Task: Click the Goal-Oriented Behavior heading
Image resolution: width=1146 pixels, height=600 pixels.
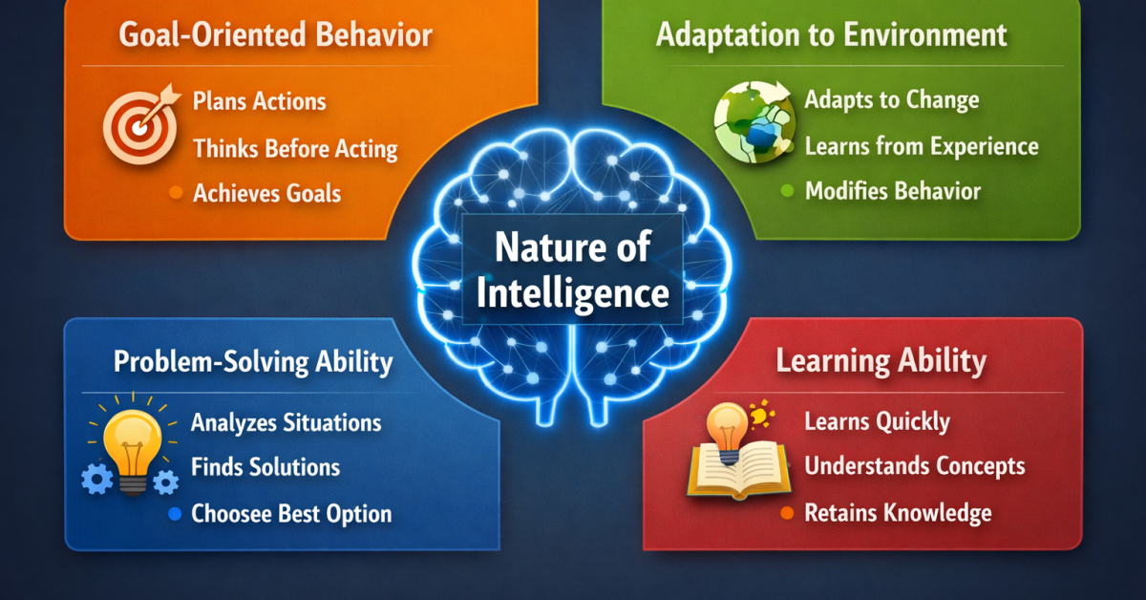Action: pos(275,37)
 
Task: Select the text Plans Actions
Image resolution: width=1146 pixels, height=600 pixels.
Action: pos(259,100)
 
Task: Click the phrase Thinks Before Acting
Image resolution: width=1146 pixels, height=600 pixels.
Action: pos(295,148)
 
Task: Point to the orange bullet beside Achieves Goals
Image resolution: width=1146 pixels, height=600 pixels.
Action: pos(175,194)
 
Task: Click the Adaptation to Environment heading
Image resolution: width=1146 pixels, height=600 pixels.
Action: pos(831,35)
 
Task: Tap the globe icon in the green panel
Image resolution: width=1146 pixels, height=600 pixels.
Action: pos(751,121)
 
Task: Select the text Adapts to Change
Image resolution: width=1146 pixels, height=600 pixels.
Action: pos(891,99)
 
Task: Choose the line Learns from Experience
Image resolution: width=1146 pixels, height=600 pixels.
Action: pos(921,146)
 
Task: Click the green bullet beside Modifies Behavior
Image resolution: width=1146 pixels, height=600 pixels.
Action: pos(787,191)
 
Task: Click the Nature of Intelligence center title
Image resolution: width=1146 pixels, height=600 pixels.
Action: pos(572,269)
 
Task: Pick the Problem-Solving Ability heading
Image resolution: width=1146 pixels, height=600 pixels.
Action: pos(253,362)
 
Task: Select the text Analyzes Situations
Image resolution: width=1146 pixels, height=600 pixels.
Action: pos(286,421)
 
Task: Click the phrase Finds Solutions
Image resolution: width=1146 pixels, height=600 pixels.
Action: pos(265,467)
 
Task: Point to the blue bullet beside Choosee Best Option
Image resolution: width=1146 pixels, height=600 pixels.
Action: pos(174,514)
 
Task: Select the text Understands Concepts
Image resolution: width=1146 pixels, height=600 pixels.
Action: pos(914,466)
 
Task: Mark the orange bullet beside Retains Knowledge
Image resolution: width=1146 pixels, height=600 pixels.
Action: pos(787,513)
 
